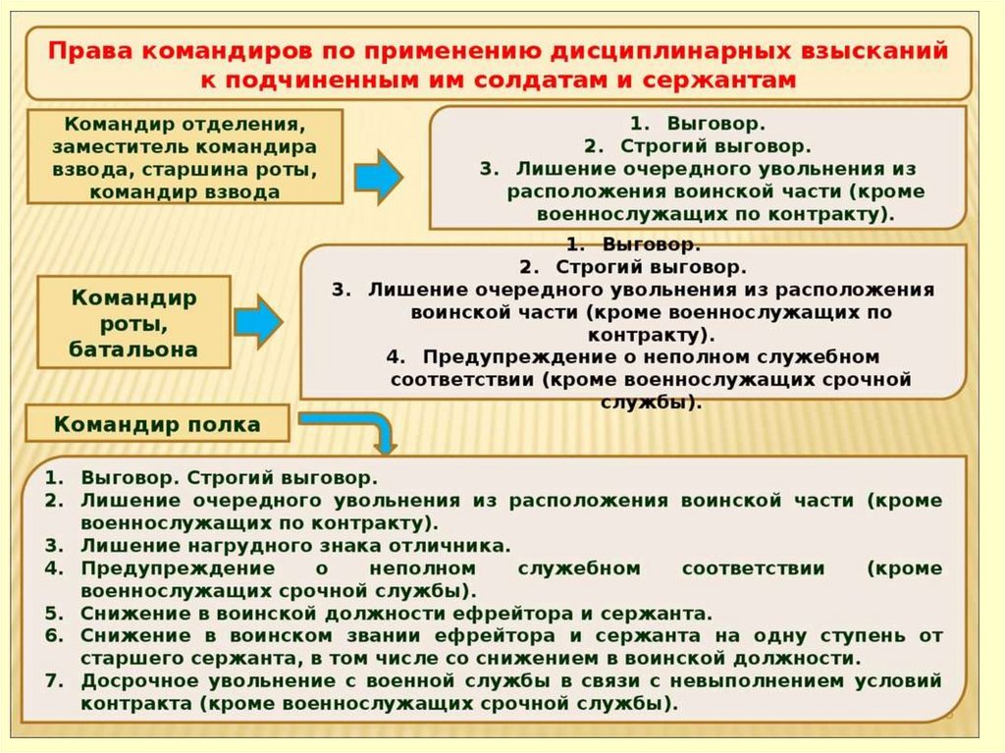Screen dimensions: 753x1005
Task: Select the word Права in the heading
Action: click(x=86, y=50)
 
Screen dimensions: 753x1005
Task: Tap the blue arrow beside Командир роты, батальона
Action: click(x=258, y=321)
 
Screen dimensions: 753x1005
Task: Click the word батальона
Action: click(x=133, y=349)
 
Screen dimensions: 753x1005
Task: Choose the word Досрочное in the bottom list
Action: click(x=133, y=680)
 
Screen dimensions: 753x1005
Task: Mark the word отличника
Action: click(x=456, y=545)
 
